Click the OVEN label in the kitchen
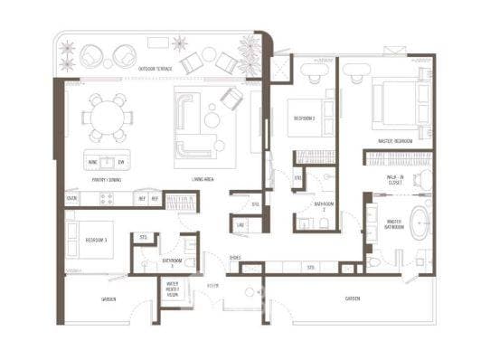(x=71, y=197)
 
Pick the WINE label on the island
(x=94, y=164)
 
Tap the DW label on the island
(x=121, y=164)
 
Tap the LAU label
(x=241, y=224)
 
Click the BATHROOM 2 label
(x=324, y=207)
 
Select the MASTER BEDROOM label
(x=396, y=141)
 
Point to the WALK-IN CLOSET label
(x=395, y=180)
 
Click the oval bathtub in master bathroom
(x=420, y=223)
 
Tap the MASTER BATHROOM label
(x=395, y=226)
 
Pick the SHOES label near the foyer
(x=234, y=258)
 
